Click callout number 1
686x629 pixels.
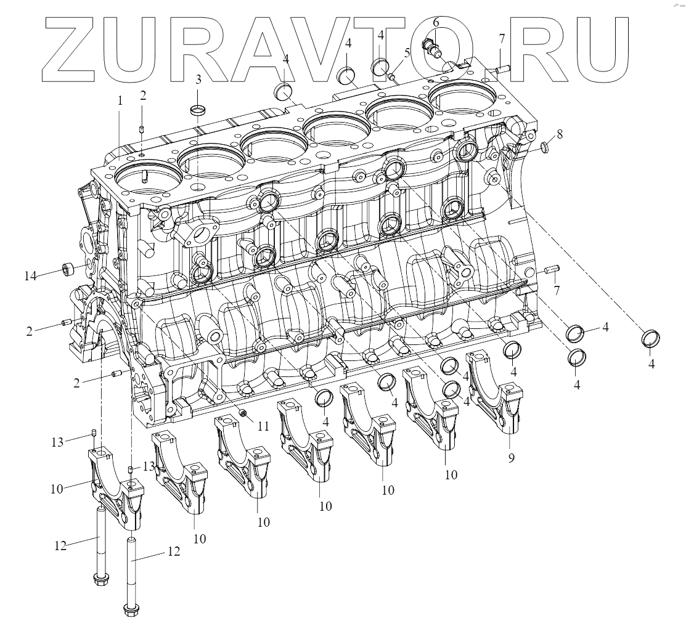120,100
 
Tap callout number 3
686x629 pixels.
198,79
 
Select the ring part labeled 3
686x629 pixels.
198,110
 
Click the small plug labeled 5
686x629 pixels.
391,76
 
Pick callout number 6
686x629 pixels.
436,22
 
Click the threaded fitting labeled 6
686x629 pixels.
431,47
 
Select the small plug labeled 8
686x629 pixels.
545,147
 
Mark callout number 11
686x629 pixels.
263,425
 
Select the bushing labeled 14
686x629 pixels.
67,269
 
